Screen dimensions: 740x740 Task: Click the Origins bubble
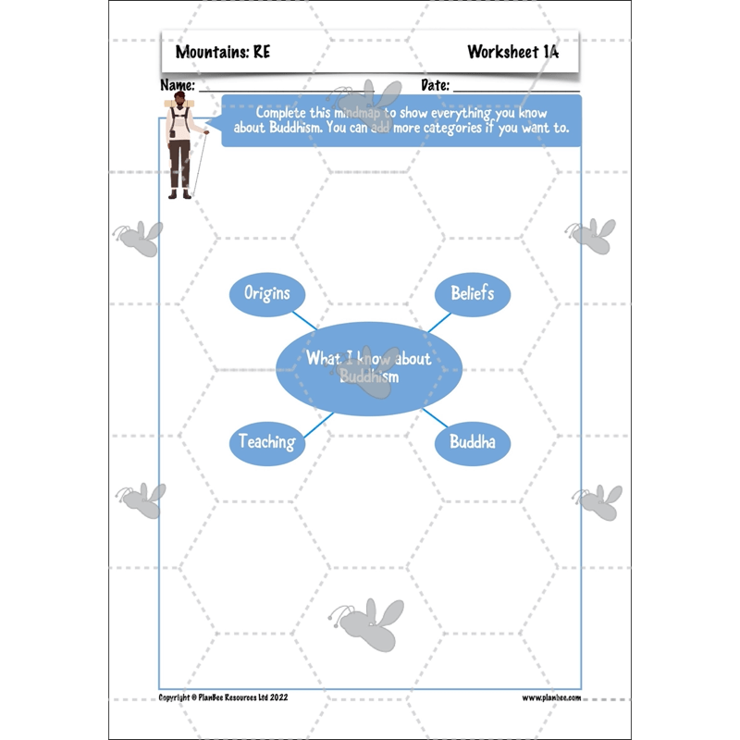point(267,294)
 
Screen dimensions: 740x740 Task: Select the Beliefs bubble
point(472,294)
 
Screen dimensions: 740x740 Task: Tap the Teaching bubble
point(267,442)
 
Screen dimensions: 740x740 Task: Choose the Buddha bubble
point(472,442)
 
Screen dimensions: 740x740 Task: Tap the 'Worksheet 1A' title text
point(512,52)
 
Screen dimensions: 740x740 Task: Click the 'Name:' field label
point(178,85)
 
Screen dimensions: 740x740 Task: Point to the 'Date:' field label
point(435,85)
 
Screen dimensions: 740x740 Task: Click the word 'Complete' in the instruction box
point(284,110)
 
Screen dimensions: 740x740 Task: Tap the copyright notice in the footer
point(223,697)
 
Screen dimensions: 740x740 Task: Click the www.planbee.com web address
point(551,697)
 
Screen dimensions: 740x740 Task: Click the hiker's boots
point(179,193)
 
